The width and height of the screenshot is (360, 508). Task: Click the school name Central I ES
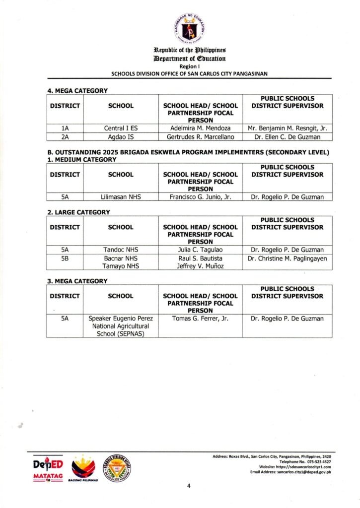pyautogui.click(x=121, y=128)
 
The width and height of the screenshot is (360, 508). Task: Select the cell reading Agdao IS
pyautogui.click(x=121, y=136)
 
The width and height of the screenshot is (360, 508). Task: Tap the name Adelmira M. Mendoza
pyautogui.click(x=200, y=128)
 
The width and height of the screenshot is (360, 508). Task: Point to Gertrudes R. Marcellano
pyautogui.click(x=200, y=136)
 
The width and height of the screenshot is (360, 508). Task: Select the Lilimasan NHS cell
pyautogui.click(x=121, y=197)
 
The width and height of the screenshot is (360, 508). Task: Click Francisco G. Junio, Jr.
pyautogui.click(x=200, y=197)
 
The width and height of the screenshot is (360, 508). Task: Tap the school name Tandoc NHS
pyautogui.click(x=121, y=250)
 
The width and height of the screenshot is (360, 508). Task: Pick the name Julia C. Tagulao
pyautogui.click(x=200, y=250)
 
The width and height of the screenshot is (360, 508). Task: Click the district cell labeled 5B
pyautogui.click(x=65, y=258)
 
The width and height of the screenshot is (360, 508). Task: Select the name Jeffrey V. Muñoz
pyautogui.click(x=200, y=266)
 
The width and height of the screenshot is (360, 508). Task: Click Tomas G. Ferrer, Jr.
pyautogui.click(x=200, y=318)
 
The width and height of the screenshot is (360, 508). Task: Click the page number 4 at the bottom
pyautogui.click(x=189, y=486)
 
